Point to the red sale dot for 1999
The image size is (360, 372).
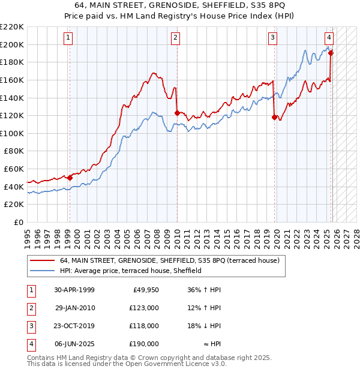[x=70, y=178]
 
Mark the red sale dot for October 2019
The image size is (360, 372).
[x=275, y=118]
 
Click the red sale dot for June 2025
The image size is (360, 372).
[x=331, y=53]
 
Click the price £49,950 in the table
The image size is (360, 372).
[x=145, y=290]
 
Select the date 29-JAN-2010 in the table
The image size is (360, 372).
[x=75, y=308]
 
